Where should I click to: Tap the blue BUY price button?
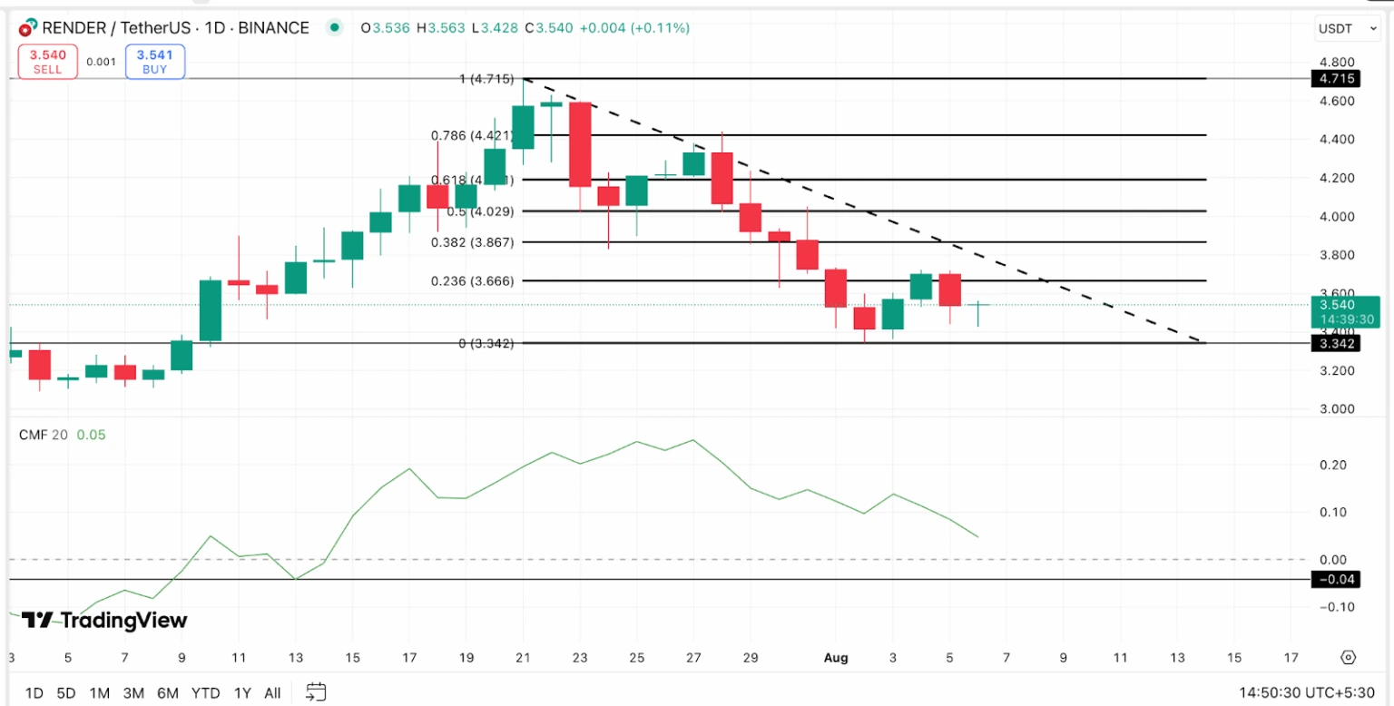pyautogui.click(x=155, y=62)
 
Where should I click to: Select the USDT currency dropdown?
pyautogui.click(x=1346, y=29)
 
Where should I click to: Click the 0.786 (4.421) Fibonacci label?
pyautogui.click(x=474, y=135)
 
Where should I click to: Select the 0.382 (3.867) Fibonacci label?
pyautogui.click(x=475, y=242)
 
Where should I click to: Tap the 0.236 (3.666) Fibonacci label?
pyautogui.click(x=475, y=281)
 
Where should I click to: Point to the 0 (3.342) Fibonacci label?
pyautogui.click(x=486, y=343)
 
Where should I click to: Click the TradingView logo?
pyautogui.click(x=104, y=621)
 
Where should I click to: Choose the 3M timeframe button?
pyautogui.click(x=133, y=693)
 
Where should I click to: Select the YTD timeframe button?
pyautogui.click(x=205, y=693)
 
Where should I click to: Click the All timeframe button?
pyautogui.click(x=272, y=693)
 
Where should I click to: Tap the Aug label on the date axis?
pyautogui.click(x=836, y=657)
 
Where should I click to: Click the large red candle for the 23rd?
pyautogui.click(x=580, y=144)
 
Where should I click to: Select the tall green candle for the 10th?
pyautogui.click(x=211, y=310)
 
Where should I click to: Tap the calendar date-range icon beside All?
pyautogui.click(x=316, y=693)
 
